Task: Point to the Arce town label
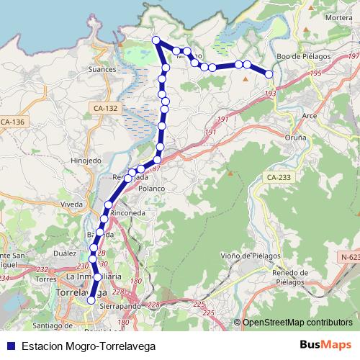(x=310, y=115)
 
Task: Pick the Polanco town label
(x=152, y=188)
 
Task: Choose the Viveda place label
(x=72, y=204)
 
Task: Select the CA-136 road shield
(x=13, y=122)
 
